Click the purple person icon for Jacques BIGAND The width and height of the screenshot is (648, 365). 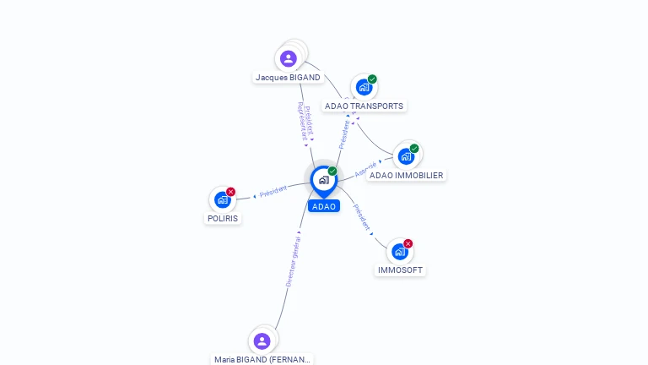[x=288, y=58]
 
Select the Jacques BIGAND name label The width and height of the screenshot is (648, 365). [x=288, y=78]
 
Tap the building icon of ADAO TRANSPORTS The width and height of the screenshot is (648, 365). [x=364, y=87]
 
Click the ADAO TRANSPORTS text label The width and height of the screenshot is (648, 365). [x=364, y=106]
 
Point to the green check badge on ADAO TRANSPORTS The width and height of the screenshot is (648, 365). [x=372, y=79]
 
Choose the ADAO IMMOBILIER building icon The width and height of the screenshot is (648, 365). [x=406, y=156]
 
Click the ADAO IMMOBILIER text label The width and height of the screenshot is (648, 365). [x=406, y=176]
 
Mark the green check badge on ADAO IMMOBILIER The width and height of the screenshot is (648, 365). [x=414, y=149]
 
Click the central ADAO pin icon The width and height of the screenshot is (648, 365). [x=323, y=180]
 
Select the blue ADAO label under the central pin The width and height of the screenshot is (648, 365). [x=323, y=206]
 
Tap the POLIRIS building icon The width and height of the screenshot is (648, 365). [x=222, y=199]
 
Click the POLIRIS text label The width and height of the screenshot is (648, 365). [x=222, y=218]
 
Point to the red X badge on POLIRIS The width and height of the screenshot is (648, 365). [x=230, y=192]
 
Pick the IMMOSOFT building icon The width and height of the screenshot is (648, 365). [x=400, y=251]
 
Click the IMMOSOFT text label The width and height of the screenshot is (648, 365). [x=400, y=270]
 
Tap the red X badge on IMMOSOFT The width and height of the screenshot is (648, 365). [x=408, y=243]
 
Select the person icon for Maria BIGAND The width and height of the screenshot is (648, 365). [x=262, y=340]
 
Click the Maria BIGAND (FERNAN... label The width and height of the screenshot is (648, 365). [x=262, y=359]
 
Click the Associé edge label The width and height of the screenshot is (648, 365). [x=366, y=169]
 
